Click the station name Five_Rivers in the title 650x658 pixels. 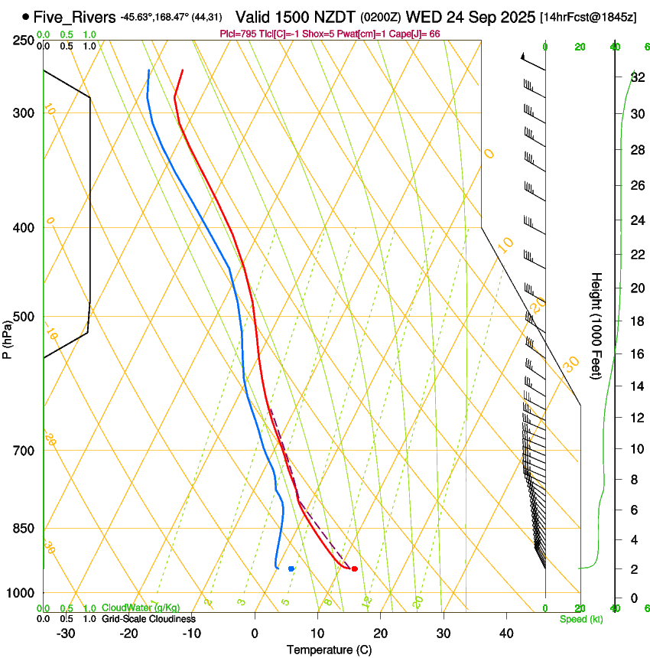click(x=75, y=16)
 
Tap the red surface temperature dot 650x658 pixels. click(x=354, y=568)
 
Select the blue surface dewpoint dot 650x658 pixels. click(x=291, y=568)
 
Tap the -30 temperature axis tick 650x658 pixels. click(x=66, y=634)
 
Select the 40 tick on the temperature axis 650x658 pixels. click(x=506, y=634)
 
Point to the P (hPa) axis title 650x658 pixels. click(x=7, y=337)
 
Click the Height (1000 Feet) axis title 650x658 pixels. click(x=597, y=326)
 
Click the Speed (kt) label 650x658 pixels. click(x=581, y=619)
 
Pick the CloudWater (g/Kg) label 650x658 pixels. click(x=141, y=608)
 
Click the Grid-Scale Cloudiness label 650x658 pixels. click(x=148, y=619)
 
